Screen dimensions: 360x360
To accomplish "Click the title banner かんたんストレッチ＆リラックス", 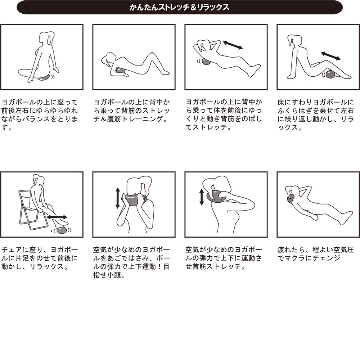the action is click(180, 7).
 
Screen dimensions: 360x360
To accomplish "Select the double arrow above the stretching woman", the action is click(233, 45).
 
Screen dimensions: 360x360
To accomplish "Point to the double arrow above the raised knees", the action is click(330, 56).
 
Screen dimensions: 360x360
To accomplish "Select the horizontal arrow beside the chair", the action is click(57, 217).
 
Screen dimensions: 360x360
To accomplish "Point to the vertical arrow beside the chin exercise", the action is click(118, 198).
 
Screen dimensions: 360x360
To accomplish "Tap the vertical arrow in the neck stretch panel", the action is click(202, 197).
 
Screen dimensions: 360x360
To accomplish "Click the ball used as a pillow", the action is click(291, 198).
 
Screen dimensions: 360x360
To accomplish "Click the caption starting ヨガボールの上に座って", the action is click(40, 115).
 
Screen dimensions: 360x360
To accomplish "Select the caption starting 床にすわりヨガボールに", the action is click(316, 115).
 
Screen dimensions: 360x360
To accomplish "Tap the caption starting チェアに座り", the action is click(40, 258).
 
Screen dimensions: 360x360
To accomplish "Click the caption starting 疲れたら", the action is click(316, 254).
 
